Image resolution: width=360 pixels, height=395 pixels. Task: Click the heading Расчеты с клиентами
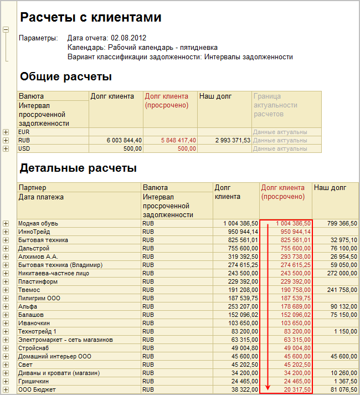91,18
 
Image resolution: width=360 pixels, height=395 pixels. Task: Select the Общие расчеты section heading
66,76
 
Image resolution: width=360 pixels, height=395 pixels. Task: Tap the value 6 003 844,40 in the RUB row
124,141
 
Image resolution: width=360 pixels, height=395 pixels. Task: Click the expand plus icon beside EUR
6,132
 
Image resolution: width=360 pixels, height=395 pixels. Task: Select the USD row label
24,148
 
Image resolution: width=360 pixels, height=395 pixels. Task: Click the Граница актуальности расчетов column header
275,105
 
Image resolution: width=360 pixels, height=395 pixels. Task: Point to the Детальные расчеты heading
78,167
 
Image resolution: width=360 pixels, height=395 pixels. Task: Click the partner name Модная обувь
38,224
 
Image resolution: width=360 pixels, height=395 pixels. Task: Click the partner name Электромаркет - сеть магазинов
66,340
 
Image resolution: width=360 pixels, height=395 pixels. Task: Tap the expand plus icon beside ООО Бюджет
6,389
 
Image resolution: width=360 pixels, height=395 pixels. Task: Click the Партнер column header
32,188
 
